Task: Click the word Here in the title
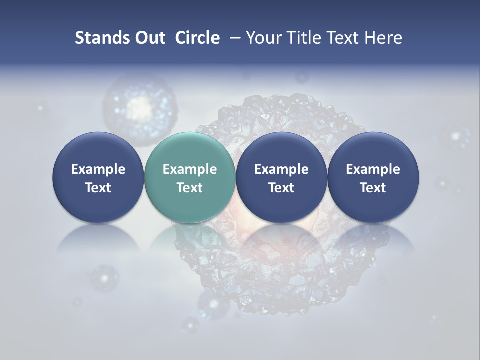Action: coord(382,38)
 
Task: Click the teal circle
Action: coord(189,178)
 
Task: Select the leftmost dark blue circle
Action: coord(98,178)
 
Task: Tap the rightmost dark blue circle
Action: coord(373,178)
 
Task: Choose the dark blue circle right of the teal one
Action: coord(281,178)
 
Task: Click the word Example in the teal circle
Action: coord(190,169)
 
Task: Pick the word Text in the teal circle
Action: coord(190,188)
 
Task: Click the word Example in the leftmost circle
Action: coord(98,169)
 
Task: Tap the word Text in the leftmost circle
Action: coord(98,188)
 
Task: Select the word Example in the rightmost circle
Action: coord(373,169)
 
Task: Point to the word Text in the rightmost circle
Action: coord(373,188)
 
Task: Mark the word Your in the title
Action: coord(263,38)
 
